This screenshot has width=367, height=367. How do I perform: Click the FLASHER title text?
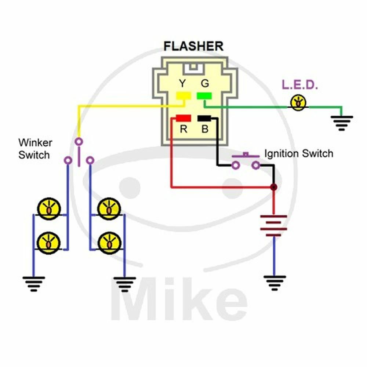(x=193, y=46)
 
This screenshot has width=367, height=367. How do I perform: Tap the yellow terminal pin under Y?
(x=183, y=96)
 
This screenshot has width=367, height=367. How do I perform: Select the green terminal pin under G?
(x=204, y=96)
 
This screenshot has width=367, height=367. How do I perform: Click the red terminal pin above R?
(x=183, y=118)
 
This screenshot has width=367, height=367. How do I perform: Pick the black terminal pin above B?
(x=204, y=118)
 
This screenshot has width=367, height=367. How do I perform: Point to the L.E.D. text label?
(x=299, y=85)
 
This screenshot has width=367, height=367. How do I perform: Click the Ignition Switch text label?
(x=299, y=153)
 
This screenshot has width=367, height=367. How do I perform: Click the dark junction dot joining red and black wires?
(x=273, y=187)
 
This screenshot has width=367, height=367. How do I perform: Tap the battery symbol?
(x=273, y=225)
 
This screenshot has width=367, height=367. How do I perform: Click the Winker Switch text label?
(x=35, y=149)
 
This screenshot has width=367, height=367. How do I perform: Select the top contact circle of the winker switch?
(x=79, y=141)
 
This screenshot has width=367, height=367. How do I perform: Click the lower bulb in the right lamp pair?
(x=109, y=242)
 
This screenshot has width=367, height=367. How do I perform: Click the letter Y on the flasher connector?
(x=182, y=84)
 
